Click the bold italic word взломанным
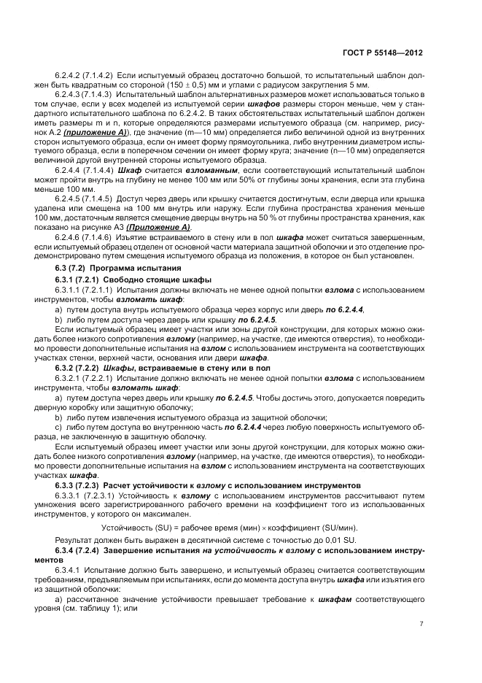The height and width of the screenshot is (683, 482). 178,169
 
